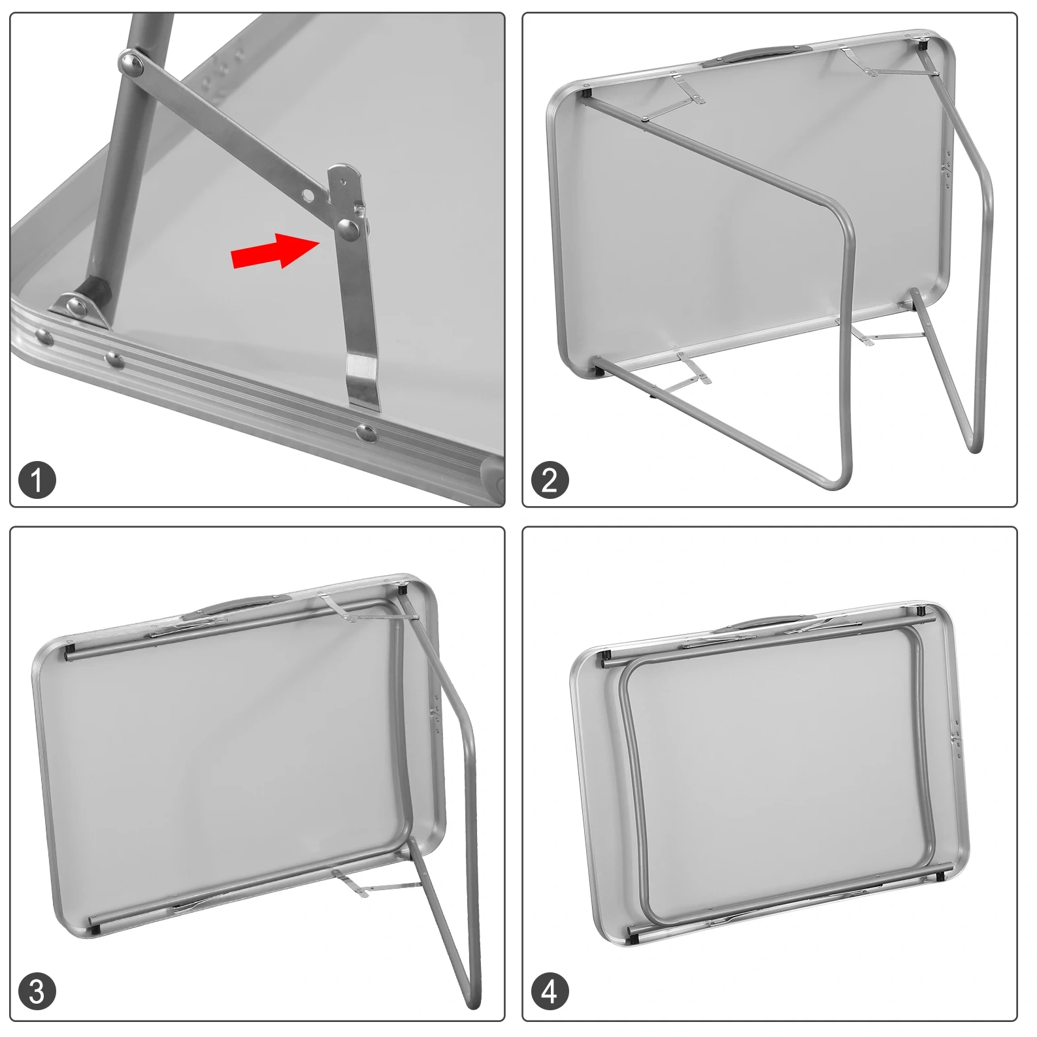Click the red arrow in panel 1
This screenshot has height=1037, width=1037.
tap(275, 251)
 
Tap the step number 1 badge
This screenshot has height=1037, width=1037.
tap(37, 479)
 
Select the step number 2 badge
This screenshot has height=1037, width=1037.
tap(550, 479)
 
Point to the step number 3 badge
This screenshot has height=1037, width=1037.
tap(37, 992)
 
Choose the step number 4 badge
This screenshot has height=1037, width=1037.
tap(550, 992)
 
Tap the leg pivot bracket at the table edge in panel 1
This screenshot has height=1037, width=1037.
tap(81, 306)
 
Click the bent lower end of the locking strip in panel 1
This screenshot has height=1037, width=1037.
tap(363, 382)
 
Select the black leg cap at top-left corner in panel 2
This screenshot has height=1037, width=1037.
tap(587, 93)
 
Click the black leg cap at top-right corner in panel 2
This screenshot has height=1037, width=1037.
tap(923, 45)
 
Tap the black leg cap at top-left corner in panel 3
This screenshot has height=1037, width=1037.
tap(69, 652)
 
